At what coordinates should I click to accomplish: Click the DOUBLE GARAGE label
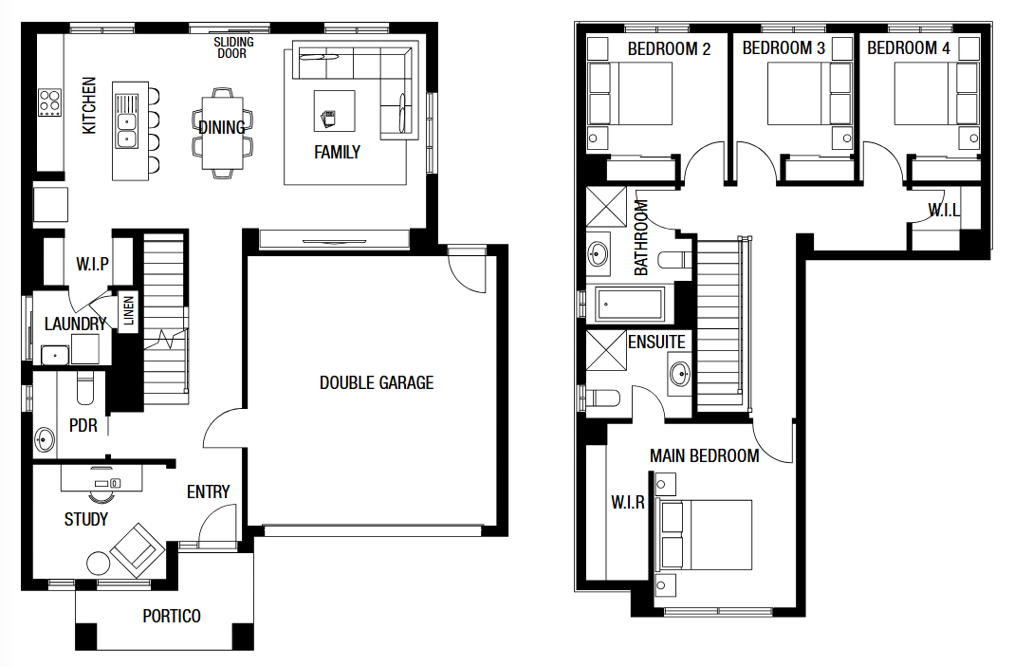click(376, 383)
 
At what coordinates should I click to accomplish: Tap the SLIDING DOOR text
click(232, 47)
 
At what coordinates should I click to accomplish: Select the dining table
click(222, 132)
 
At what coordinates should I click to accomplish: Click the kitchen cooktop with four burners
click(49, 102)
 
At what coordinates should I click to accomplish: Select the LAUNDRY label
click(75, 324)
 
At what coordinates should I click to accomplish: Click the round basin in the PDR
click(46, 440)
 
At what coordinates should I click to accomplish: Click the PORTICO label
click(172, 616)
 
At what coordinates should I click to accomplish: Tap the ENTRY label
click(208, 491)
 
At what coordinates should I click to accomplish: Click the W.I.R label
click(627, 502)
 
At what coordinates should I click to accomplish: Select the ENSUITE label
click(655, 342)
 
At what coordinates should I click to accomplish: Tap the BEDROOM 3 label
click(783, 48)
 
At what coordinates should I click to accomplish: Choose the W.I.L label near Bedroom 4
click(943, 210)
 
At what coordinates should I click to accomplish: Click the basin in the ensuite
click(680, 372)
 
